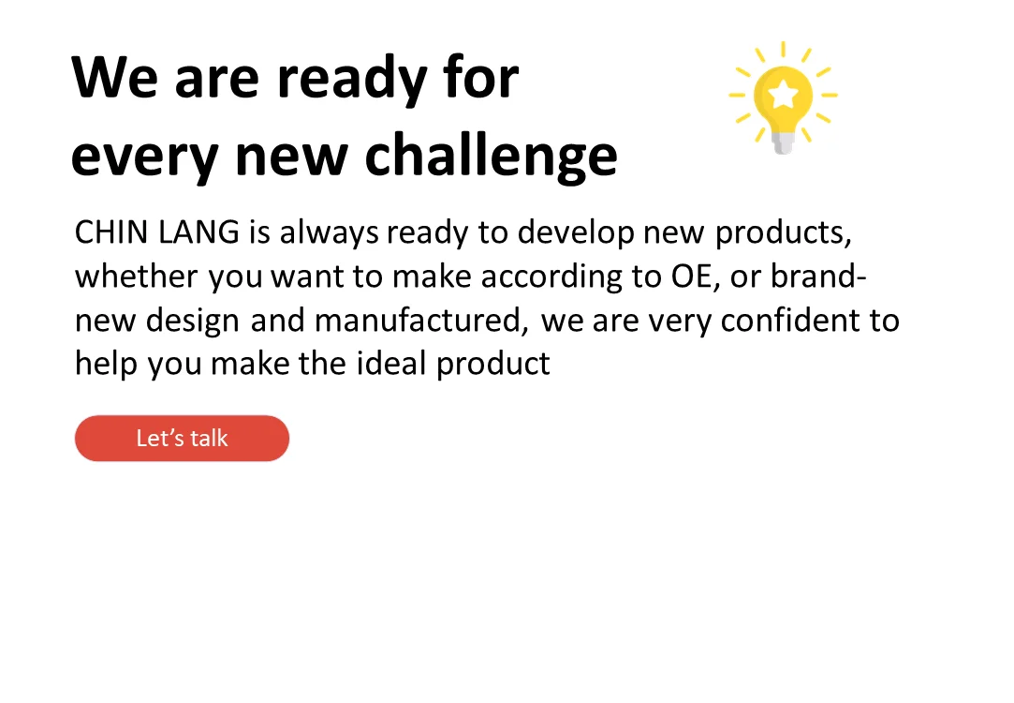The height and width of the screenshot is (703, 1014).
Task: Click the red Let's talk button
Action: point(182,439)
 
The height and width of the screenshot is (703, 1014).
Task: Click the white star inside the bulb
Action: point(783,92)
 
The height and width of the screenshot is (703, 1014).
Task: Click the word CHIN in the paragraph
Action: point(105,232)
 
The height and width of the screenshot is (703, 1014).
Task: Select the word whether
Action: point(137,277)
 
